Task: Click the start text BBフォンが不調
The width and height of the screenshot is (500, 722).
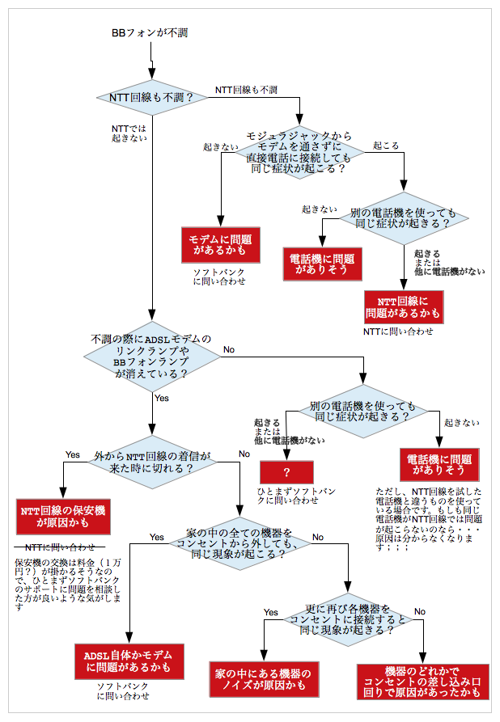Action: click(150, 33)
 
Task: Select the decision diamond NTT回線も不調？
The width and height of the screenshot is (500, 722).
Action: click(152, 98)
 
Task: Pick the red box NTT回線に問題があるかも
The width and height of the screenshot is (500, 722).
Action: click(403, 306)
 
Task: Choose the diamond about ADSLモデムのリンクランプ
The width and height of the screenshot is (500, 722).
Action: click(152, 357)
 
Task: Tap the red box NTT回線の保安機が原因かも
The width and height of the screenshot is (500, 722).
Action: click(63, 517)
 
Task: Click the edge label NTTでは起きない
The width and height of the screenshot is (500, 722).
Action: click(129, 133)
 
